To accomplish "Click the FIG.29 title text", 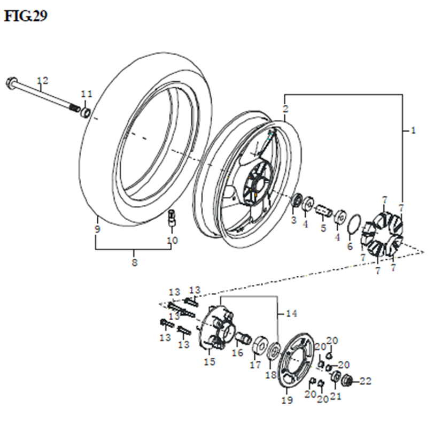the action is tap(26, 16).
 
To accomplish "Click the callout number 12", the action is tap(43, 80).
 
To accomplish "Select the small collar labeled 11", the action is tap(86, 113).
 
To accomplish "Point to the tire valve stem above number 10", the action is tap(172, 218).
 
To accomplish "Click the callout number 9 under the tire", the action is tap(97, 229).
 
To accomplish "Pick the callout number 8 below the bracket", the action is tap(135, 262).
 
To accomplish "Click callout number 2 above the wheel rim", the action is tap(285, 109).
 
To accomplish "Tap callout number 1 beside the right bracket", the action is tap(413, 130).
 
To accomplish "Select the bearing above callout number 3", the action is tap(297, 200).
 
